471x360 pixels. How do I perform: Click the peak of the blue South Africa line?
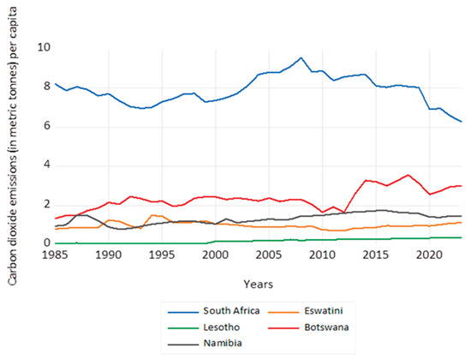click(301, 58)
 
